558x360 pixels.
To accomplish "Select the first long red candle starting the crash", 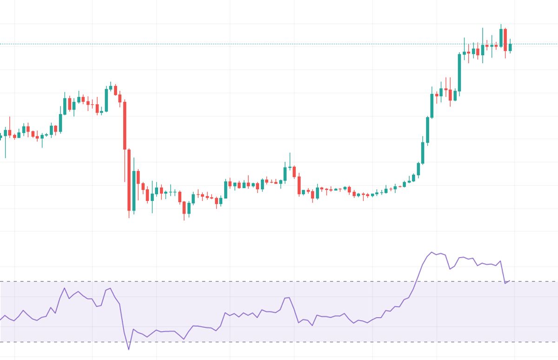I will coord(125,126).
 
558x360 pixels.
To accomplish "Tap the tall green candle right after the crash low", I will coord(134,191).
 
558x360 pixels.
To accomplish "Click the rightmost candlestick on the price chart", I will coord(510,47).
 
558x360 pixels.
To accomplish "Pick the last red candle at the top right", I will coord(505,40).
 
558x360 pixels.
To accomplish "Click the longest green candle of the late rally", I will coord(459,73).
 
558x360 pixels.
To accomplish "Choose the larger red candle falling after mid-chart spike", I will coord(299,185).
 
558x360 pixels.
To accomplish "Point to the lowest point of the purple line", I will coord(129,349).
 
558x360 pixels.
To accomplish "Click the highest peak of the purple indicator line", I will coord(432,252).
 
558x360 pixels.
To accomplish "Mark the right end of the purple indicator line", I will coord(510,280).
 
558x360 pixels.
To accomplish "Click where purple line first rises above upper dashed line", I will coord(415,281).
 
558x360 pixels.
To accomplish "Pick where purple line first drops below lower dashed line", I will coord(126,342).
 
